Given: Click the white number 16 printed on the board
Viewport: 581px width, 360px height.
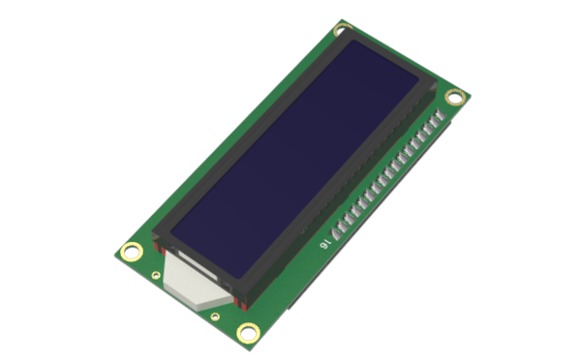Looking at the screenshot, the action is point(324,243).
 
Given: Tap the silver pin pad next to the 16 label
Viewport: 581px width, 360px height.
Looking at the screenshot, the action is point(337,233).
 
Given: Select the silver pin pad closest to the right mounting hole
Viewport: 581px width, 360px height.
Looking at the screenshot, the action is point(440,115).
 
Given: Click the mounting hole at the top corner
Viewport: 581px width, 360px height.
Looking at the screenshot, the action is point(342,29).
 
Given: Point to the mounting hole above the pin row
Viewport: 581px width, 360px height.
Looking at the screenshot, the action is point(455,98).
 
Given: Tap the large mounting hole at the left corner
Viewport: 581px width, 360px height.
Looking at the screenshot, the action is point(131,252).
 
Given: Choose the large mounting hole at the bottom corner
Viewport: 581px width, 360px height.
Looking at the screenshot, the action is point(248,333).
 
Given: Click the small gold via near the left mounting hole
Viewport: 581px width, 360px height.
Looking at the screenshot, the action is point(156,275).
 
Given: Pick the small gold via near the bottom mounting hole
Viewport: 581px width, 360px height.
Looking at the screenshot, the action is point(215,316).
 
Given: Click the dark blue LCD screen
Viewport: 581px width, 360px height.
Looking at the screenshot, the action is point(294,159).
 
